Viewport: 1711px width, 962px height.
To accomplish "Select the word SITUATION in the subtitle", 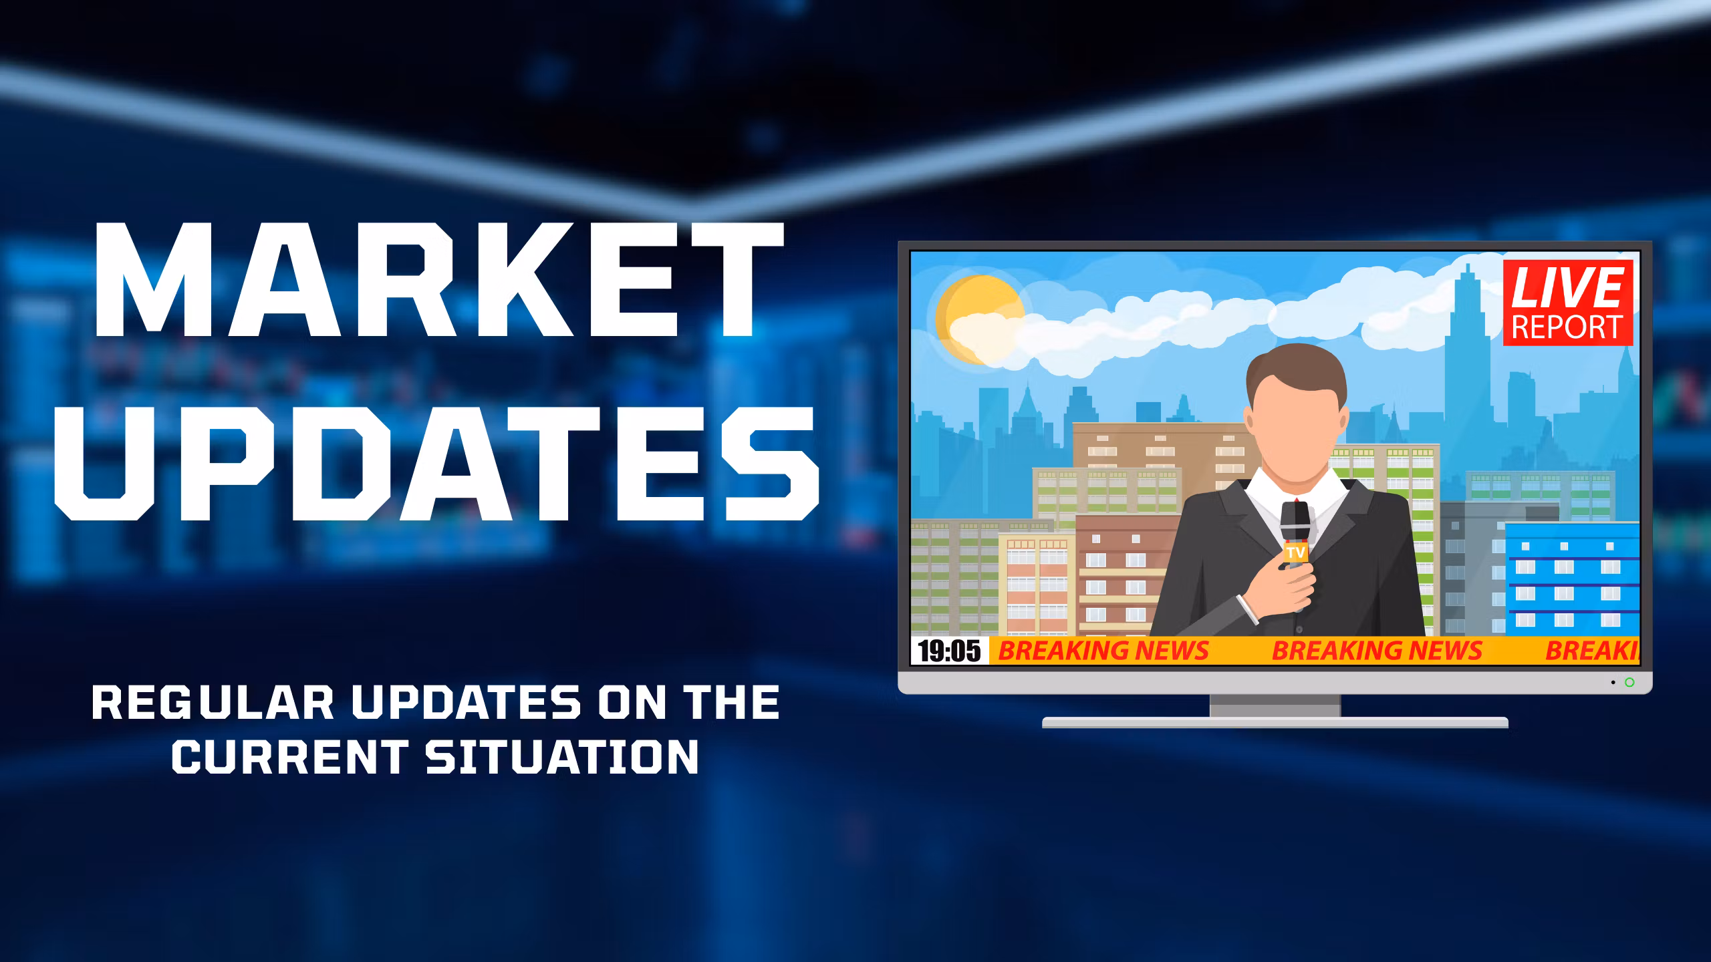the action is [563, 756].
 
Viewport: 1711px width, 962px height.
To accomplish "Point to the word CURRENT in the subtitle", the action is [291, 756].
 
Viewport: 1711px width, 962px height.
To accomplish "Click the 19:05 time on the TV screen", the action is [949, 651].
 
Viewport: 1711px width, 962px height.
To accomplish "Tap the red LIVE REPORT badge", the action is [1567, 303].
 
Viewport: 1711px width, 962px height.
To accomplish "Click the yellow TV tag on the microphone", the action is [1295, 552].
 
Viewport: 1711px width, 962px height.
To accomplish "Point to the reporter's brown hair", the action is [1295, 377].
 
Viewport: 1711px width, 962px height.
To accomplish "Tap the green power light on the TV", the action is [1629, 682].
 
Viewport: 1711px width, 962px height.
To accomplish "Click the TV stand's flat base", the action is [1275, 722].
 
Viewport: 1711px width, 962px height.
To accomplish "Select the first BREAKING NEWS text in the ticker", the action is [1103, 651].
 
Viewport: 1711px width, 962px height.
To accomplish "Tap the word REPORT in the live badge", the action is [1567, 327].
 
